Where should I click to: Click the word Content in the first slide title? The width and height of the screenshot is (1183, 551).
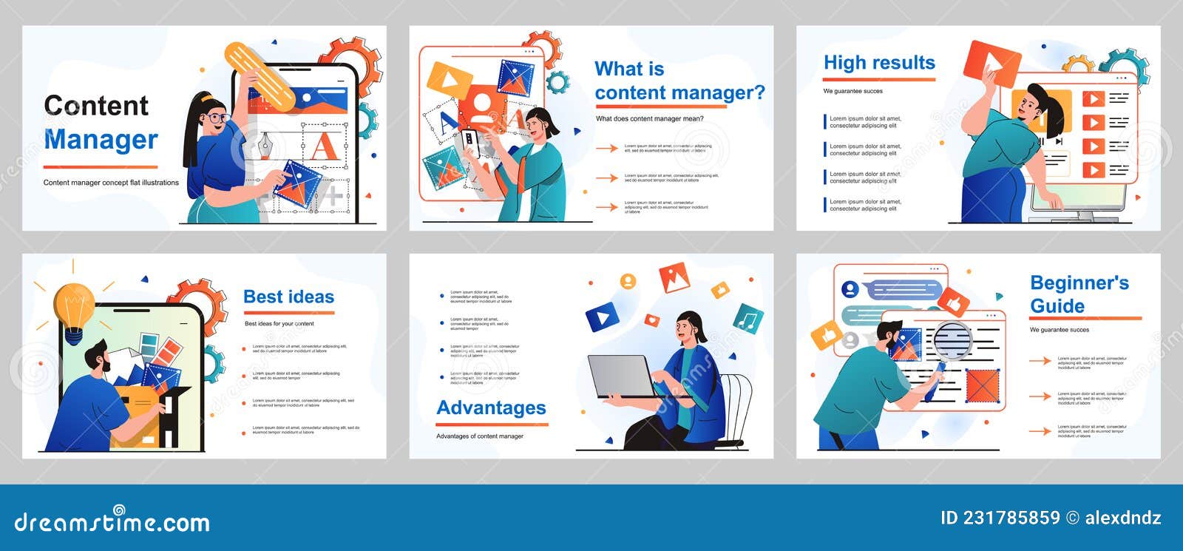tap(96, 107)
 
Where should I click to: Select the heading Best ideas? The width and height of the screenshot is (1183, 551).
tap(288, 297)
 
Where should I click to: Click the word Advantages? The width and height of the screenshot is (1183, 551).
tap(491, 408)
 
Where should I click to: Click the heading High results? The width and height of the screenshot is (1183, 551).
tap(879, 63)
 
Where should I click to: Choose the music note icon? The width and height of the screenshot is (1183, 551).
tap(748, 320)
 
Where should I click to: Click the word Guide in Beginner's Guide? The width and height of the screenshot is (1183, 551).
tap(1057, 306)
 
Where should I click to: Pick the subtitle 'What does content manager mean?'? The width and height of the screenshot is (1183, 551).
tap(649, 118)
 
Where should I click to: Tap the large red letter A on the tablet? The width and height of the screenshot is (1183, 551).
tap(323, 146)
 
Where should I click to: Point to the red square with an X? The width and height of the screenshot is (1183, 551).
tap(983, 385)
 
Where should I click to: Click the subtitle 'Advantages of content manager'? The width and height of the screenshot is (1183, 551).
tap(480, 436)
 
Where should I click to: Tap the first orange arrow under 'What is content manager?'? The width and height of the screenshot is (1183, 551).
tap(607, 149)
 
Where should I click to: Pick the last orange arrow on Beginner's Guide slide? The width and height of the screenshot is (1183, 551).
tap(1040, 431)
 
